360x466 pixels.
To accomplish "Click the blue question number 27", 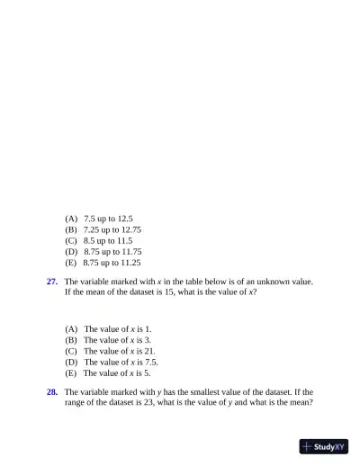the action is click(x=52, y=282).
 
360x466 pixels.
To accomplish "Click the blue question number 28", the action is click(x=52, y=392).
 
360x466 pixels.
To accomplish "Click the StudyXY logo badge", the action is click(x=324, y=445).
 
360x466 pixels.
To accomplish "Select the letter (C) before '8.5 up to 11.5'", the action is click(x=71, y=241).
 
